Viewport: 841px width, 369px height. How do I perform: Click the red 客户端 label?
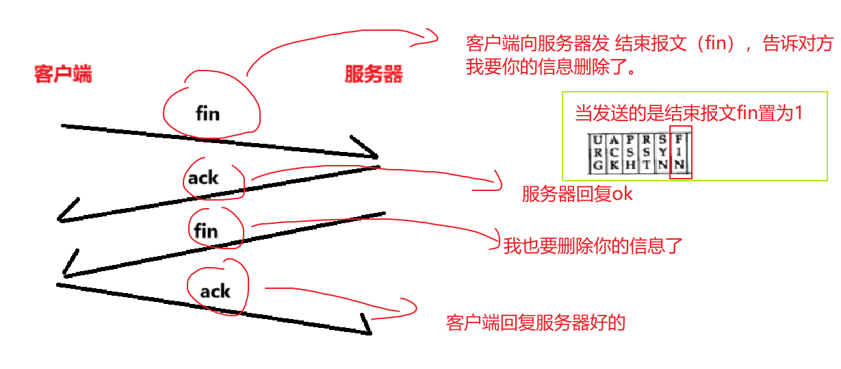pos(63,75)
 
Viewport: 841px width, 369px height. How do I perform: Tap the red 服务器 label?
pos(373,75)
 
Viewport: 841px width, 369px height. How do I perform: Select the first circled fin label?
pos(207,112)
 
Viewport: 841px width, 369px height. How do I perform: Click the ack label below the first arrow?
pos(204,178)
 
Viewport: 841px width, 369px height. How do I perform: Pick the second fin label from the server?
pos(205,231)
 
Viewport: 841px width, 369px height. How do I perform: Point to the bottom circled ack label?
pos(215,292)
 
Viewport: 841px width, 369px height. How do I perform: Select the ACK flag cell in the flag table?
pos(614,153)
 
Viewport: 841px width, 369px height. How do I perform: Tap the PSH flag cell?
pos(630,153)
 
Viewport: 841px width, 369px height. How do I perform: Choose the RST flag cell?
pos(646,153)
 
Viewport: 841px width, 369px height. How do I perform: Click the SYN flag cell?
pos(662,153)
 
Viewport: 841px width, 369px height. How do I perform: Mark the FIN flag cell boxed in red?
pos(680,153)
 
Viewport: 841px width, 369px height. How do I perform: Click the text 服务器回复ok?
pos(577,194)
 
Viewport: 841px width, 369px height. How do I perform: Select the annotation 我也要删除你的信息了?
pos(593,246)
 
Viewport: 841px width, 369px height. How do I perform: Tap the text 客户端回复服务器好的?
pos(536,322)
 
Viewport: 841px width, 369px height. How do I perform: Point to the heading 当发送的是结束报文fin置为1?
pos(688,114)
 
